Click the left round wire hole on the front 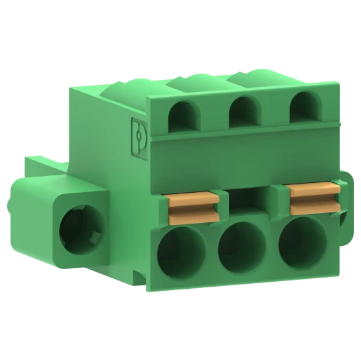point(181,254)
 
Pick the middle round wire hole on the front point(240,247)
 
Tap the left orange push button point(193,204)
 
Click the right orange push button point(315,198)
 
